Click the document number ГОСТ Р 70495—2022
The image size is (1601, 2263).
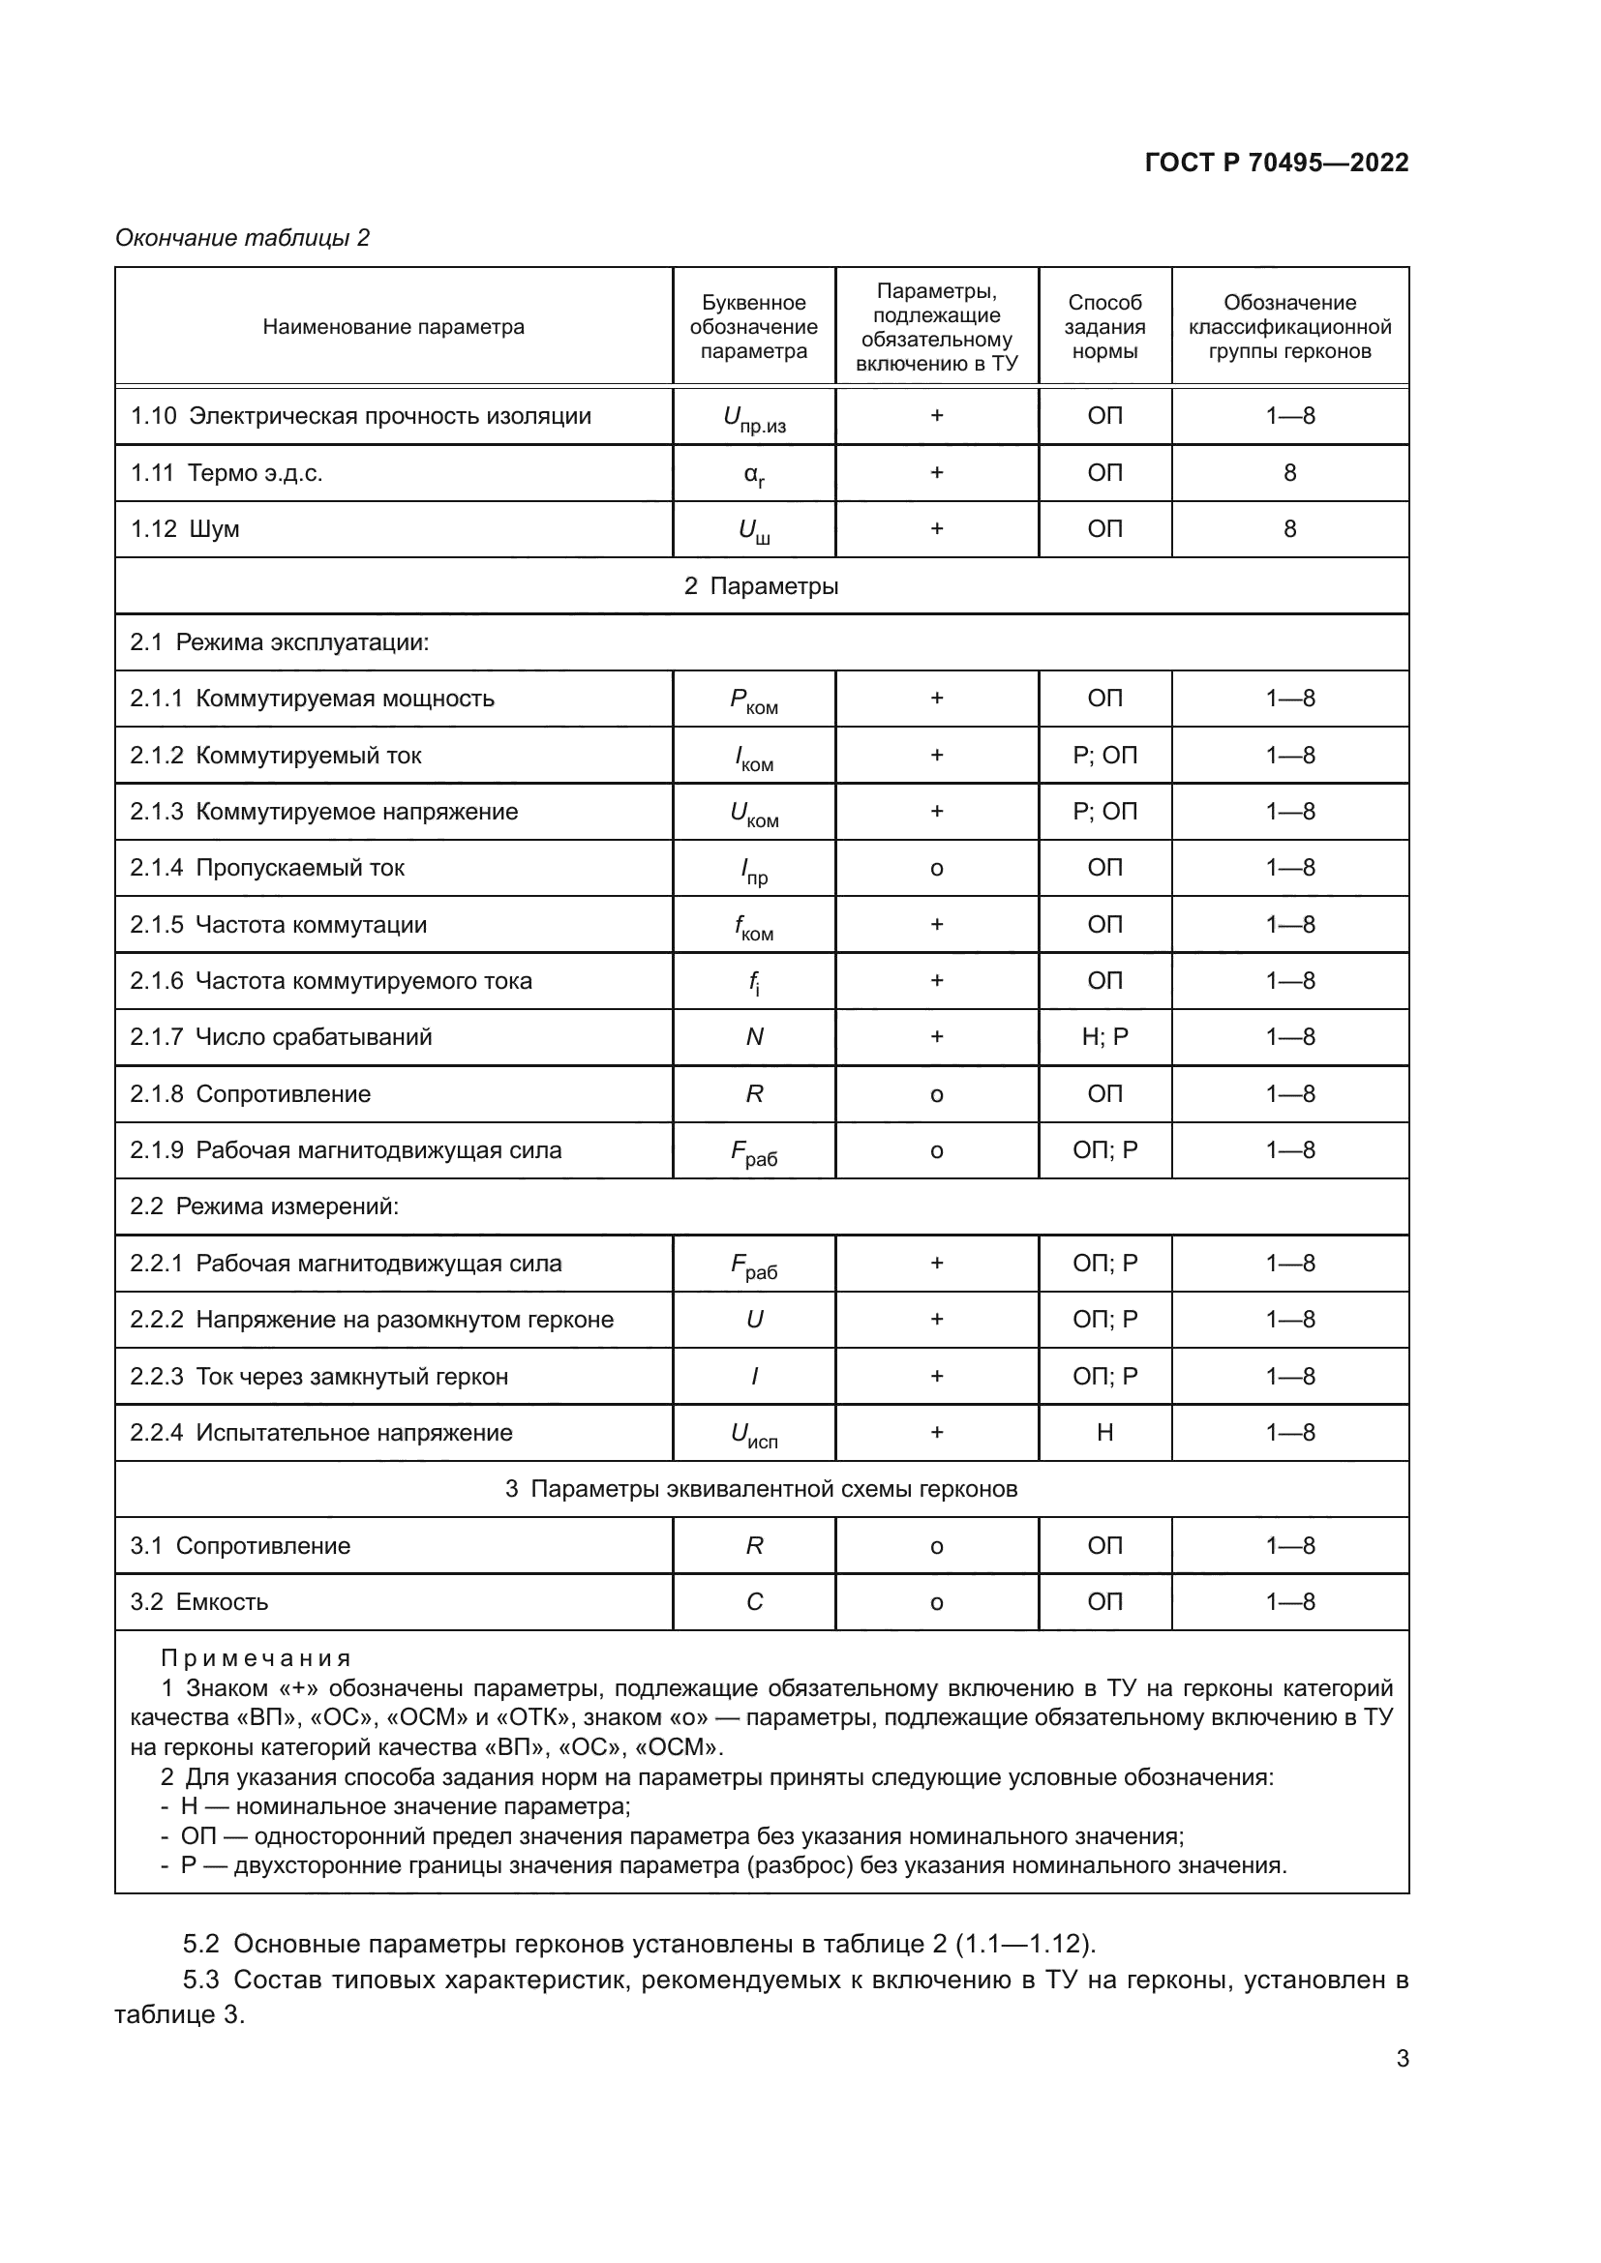[1276, 163]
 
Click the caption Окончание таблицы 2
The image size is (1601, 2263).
[243, 238]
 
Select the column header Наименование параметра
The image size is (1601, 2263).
[393, 327]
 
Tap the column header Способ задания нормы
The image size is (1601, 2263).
[1104, 327]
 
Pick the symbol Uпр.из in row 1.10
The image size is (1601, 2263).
[754, 419]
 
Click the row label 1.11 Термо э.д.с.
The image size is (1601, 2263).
[227, 473]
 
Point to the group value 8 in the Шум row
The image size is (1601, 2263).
[1289, 529]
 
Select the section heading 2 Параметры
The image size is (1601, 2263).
[761, 586]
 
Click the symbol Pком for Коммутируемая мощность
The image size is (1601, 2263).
[754, 700]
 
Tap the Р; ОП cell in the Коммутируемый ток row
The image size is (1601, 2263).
[1104, 756]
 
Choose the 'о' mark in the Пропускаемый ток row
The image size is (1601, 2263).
[937, 868]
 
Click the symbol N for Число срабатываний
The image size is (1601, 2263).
[754, 1037]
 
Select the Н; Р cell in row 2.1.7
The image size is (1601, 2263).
[1104, 1037]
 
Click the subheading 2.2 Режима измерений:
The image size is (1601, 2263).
[264, 1206]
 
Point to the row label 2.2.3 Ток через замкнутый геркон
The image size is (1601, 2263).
[319, 1377]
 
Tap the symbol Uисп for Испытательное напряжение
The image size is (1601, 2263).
[754, 1435]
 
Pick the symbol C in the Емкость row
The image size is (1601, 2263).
[754, 1602]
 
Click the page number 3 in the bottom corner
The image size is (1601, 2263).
[1402, 2059]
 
